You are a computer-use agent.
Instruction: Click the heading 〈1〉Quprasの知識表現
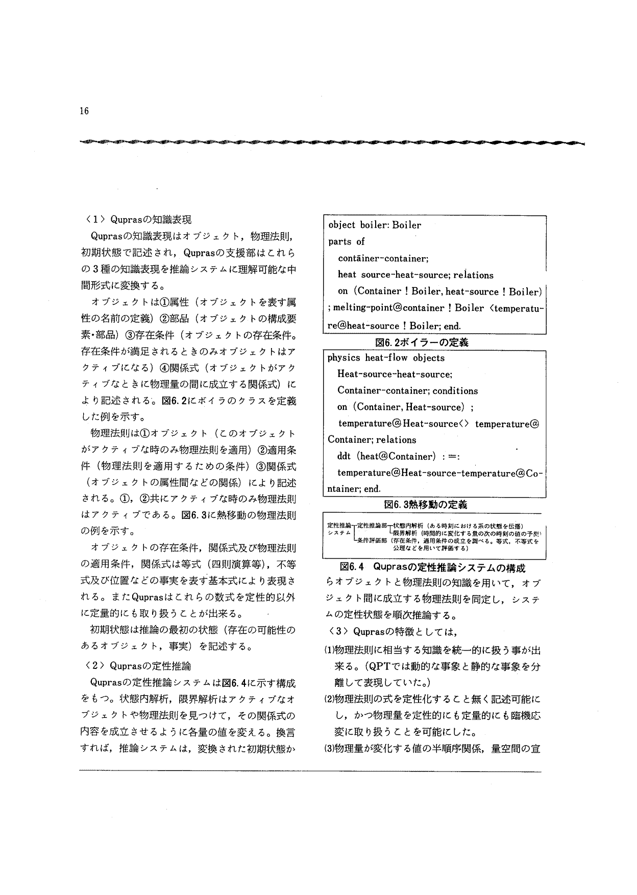click(x=136, y=220)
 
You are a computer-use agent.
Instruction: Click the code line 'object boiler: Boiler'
click(x=375, y=225)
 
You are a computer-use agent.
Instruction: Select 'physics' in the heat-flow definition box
click(x=344, y=358)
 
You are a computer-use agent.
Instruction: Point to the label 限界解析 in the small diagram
click(x=407, y=533)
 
